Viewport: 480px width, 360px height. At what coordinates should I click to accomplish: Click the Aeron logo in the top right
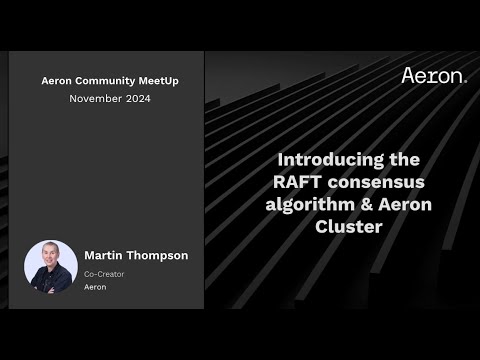[x=433, y=75]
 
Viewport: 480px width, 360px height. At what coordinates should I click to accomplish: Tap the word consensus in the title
[x=376, y=181]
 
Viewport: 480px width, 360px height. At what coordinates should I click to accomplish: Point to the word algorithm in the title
[x=306, y=203]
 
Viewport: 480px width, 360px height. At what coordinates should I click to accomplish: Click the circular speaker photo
[x=51, y=266]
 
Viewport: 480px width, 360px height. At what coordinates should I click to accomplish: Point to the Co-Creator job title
[x=105, y=273]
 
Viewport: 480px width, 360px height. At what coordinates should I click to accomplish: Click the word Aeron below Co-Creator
[x=95, y=287]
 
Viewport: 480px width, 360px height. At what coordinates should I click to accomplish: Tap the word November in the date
[x=94, y=98]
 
